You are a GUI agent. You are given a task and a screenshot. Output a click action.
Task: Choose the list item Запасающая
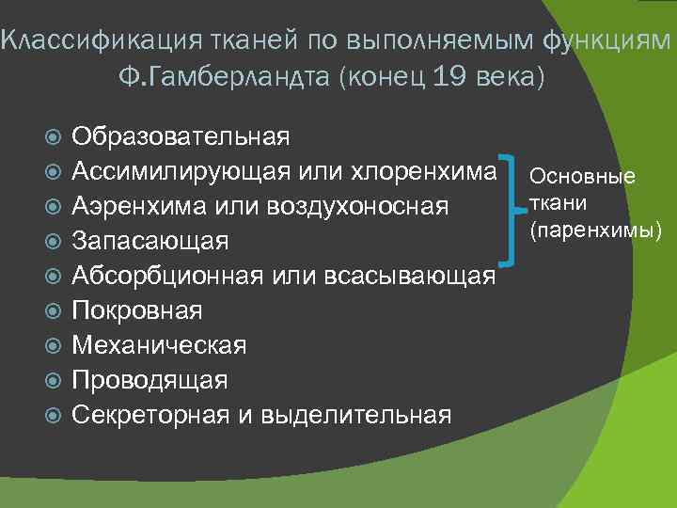coord(150,241)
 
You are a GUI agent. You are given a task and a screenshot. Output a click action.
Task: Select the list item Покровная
coord(137,310)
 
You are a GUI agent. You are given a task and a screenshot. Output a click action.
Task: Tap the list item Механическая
coord(160,345)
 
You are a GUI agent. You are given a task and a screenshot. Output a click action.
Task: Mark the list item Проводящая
coord(150,380)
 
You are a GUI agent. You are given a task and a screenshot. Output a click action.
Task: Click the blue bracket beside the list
coord(511,207)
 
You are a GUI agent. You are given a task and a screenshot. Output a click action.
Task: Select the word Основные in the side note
coord(582,177)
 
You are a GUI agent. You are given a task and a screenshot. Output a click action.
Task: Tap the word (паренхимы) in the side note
coord(594,230)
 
